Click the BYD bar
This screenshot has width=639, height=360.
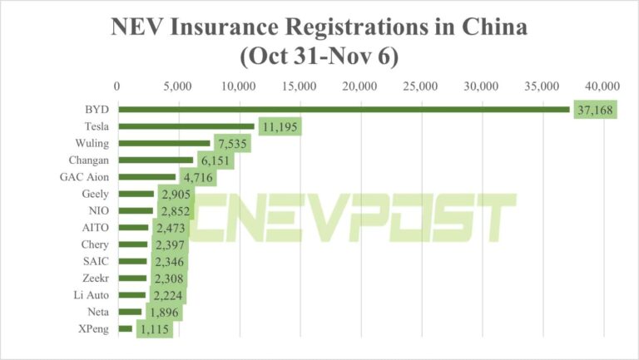pos(343,110)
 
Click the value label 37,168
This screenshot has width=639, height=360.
pos(595,111)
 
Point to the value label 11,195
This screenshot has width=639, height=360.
pos(279,127)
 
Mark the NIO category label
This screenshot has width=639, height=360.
pos(97,211)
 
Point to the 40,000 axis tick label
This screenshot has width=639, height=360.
pos(603,86)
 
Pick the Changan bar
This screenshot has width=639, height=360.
pos(155,160)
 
